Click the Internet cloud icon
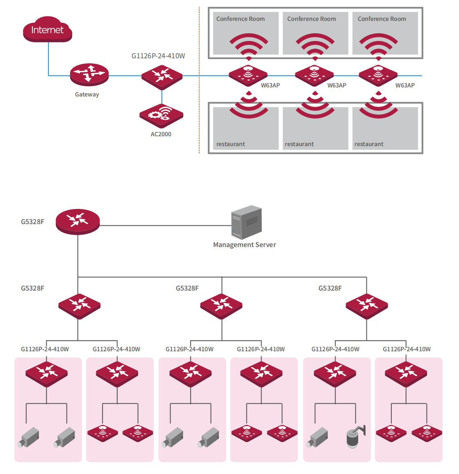point(48,30)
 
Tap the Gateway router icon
point(89,75)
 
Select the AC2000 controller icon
point(161,116)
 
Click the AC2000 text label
point(161,134)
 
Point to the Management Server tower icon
point(246,222)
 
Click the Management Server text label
point(245,245)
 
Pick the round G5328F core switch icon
point(78,222)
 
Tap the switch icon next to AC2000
point(162,76)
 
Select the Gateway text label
point(87,94)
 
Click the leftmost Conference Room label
point(241,19)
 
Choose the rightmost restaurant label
point(369,144)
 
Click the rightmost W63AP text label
point(405,85)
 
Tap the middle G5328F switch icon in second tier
point(221,306)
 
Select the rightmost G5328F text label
point(330,288)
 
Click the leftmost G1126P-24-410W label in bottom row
point(45,349)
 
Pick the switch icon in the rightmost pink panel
point(406,373)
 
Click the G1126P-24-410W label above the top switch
point(158,56)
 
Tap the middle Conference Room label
point(311,19)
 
